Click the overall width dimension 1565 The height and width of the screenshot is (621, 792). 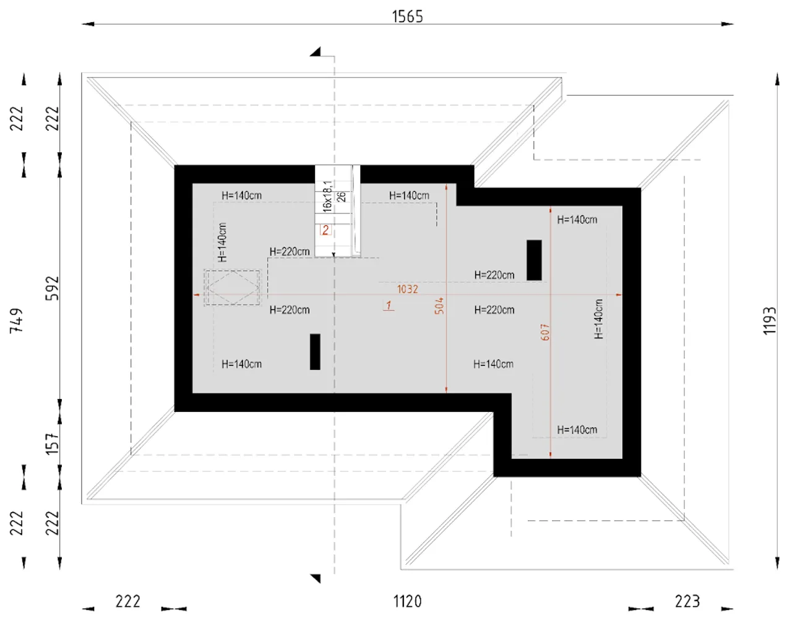point(407,16)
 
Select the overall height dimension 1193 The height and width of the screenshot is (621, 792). point(769,321)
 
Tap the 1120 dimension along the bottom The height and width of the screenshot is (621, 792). point(407,601)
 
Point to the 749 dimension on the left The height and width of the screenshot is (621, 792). point(17,321)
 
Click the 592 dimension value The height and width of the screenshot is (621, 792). point(52,288)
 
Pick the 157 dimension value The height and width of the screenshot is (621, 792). point(52,444)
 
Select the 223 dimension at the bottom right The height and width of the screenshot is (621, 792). point(687,601)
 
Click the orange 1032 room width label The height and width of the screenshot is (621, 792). point(408,289)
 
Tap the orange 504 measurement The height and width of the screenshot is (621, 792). point(439,306)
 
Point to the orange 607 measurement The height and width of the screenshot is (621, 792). point(545,332)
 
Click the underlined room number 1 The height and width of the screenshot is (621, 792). point(389,305)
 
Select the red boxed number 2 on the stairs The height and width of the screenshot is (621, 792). point(325,230)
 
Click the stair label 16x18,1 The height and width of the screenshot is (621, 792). point(327,196)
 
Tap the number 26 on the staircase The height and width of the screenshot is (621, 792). point(341,197)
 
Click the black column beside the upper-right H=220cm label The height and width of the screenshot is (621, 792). point(534,260)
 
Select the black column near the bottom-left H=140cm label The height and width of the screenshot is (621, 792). point(316,352)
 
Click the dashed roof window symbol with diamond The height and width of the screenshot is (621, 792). point(233,288)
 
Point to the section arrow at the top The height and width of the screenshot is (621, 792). point(316,52)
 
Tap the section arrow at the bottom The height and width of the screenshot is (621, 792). point(316,578)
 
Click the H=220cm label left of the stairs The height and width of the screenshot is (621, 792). point(290,252)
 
